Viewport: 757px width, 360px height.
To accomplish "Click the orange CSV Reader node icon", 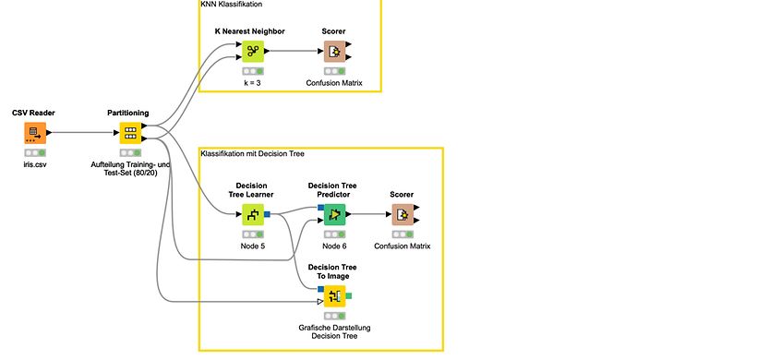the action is [35, 133].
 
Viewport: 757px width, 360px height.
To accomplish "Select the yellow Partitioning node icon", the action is [130, 133].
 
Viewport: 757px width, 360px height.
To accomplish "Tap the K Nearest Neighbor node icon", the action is [253, 51].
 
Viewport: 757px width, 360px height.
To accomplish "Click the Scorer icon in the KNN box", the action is [334, 51].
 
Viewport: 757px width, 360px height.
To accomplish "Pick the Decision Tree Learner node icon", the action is [253, 214].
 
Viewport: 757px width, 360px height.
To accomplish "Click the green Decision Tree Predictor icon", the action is [334, 214].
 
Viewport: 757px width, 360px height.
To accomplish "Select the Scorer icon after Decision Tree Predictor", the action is [403, 214].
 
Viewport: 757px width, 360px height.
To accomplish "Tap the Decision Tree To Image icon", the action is [334, 295].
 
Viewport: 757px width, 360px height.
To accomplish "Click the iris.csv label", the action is [34, 164].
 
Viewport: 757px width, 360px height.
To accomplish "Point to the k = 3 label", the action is [253, 83].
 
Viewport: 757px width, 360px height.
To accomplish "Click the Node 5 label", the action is [253, 246].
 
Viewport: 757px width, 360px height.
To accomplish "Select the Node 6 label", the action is [334, 246].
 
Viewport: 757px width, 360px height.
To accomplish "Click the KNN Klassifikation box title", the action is [231, 5].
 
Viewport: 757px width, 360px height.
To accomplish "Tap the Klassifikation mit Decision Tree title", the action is [252, 153].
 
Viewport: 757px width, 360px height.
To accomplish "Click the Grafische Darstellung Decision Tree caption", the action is [334, 331].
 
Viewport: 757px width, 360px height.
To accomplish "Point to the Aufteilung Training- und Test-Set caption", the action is [130, 168].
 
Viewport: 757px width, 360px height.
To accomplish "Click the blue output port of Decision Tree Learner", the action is [267, 214].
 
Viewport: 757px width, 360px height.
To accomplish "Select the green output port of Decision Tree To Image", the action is [349, 295].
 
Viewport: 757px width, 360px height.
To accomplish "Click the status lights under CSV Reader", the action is [35, 152].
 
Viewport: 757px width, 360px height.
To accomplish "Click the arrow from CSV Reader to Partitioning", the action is [82, 133].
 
